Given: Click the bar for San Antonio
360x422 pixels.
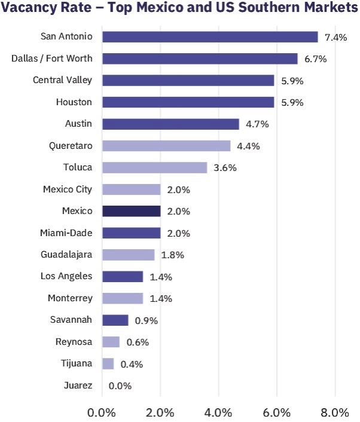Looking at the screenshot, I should tap(209, 37).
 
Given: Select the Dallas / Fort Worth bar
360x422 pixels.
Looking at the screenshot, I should tap(200, 59).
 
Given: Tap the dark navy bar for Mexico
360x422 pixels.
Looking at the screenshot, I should tap(132, 211).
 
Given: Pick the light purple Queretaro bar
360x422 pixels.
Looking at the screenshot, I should tap(166, 146).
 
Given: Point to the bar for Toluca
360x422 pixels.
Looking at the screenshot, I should tap(155, 167).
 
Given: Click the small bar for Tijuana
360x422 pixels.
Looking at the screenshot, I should tap(108, 363).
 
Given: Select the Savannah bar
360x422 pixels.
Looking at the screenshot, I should tap(115, 320).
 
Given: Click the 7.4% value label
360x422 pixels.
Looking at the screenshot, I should tap(335, 37).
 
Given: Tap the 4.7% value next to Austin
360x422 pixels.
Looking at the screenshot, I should tap(257, 124).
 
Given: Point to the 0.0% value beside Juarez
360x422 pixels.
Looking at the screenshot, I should tap(120, 386).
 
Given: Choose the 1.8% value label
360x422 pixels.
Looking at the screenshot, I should tap(172, 255).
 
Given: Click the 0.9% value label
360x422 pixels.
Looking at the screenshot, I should tap(146, 320).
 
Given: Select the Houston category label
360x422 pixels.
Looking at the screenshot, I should tap(74, 102).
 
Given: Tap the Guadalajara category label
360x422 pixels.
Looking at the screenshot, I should tap(67, 254).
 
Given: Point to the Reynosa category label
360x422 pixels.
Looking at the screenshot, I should tap(75, 341).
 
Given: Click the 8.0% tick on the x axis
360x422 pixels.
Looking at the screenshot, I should tap(335, 412).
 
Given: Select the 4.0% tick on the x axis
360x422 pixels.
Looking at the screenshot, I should tap(218, 412).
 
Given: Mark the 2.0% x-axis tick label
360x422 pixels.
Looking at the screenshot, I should tap(160, 412).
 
